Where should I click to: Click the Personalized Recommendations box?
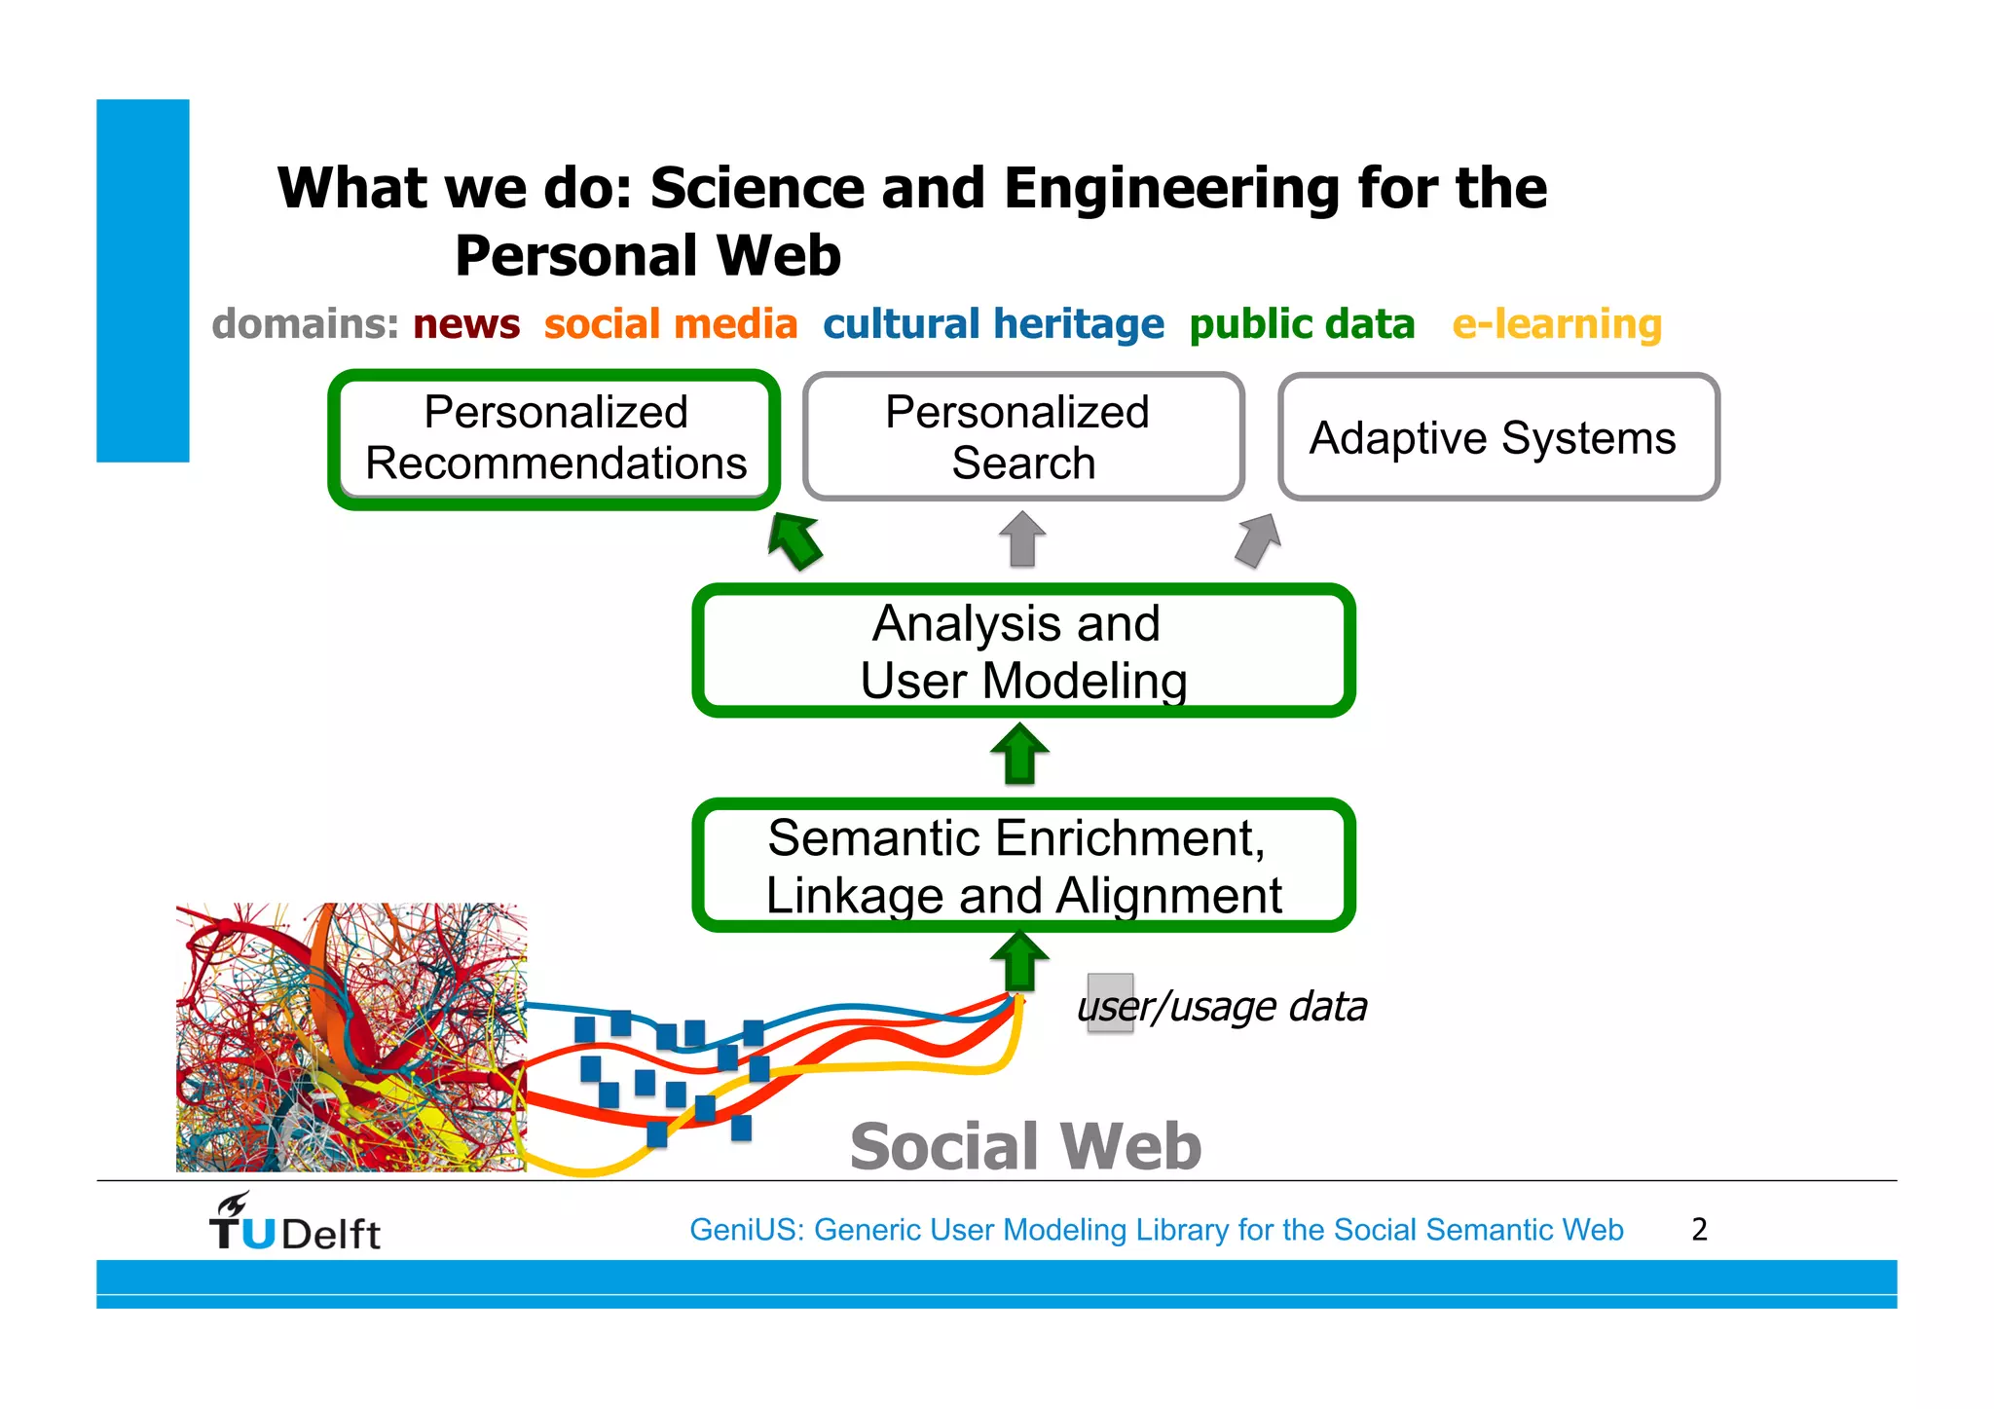point(555,438)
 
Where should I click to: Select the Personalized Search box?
point(1022,437)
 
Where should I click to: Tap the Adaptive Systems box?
point(1497,437)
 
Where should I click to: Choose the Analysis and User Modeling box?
point(1022,650)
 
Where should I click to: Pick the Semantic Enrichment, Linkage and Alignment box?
point(1022,865)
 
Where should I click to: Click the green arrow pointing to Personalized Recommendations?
point(795,540)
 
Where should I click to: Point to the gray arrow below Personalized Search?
point(1022,539)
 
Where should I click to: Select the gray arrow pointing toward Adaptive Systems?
point(1258,539)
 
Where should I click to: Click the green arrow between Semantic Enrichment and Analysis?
point(1019,754)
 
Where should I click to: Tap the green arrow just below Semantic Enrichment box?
point(1019,962)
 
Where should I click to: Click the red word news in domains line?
point(466,324)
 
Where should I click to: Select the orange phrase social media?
point(671,324)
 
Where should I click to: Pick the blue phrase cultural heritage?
point(993,324)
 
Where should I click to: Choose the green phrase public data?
point(1302,324)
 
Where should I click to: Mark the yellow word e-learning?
point(1557,324)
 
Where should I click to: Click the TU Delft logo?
point(295,1223)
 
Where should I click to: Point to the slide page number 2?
point(1699,1230)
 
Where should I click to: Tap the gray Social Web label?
point(1025,1146)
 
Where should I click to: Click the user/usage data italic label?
point(1223,1007)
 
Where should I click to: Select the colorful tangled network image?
point(351,1037)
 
